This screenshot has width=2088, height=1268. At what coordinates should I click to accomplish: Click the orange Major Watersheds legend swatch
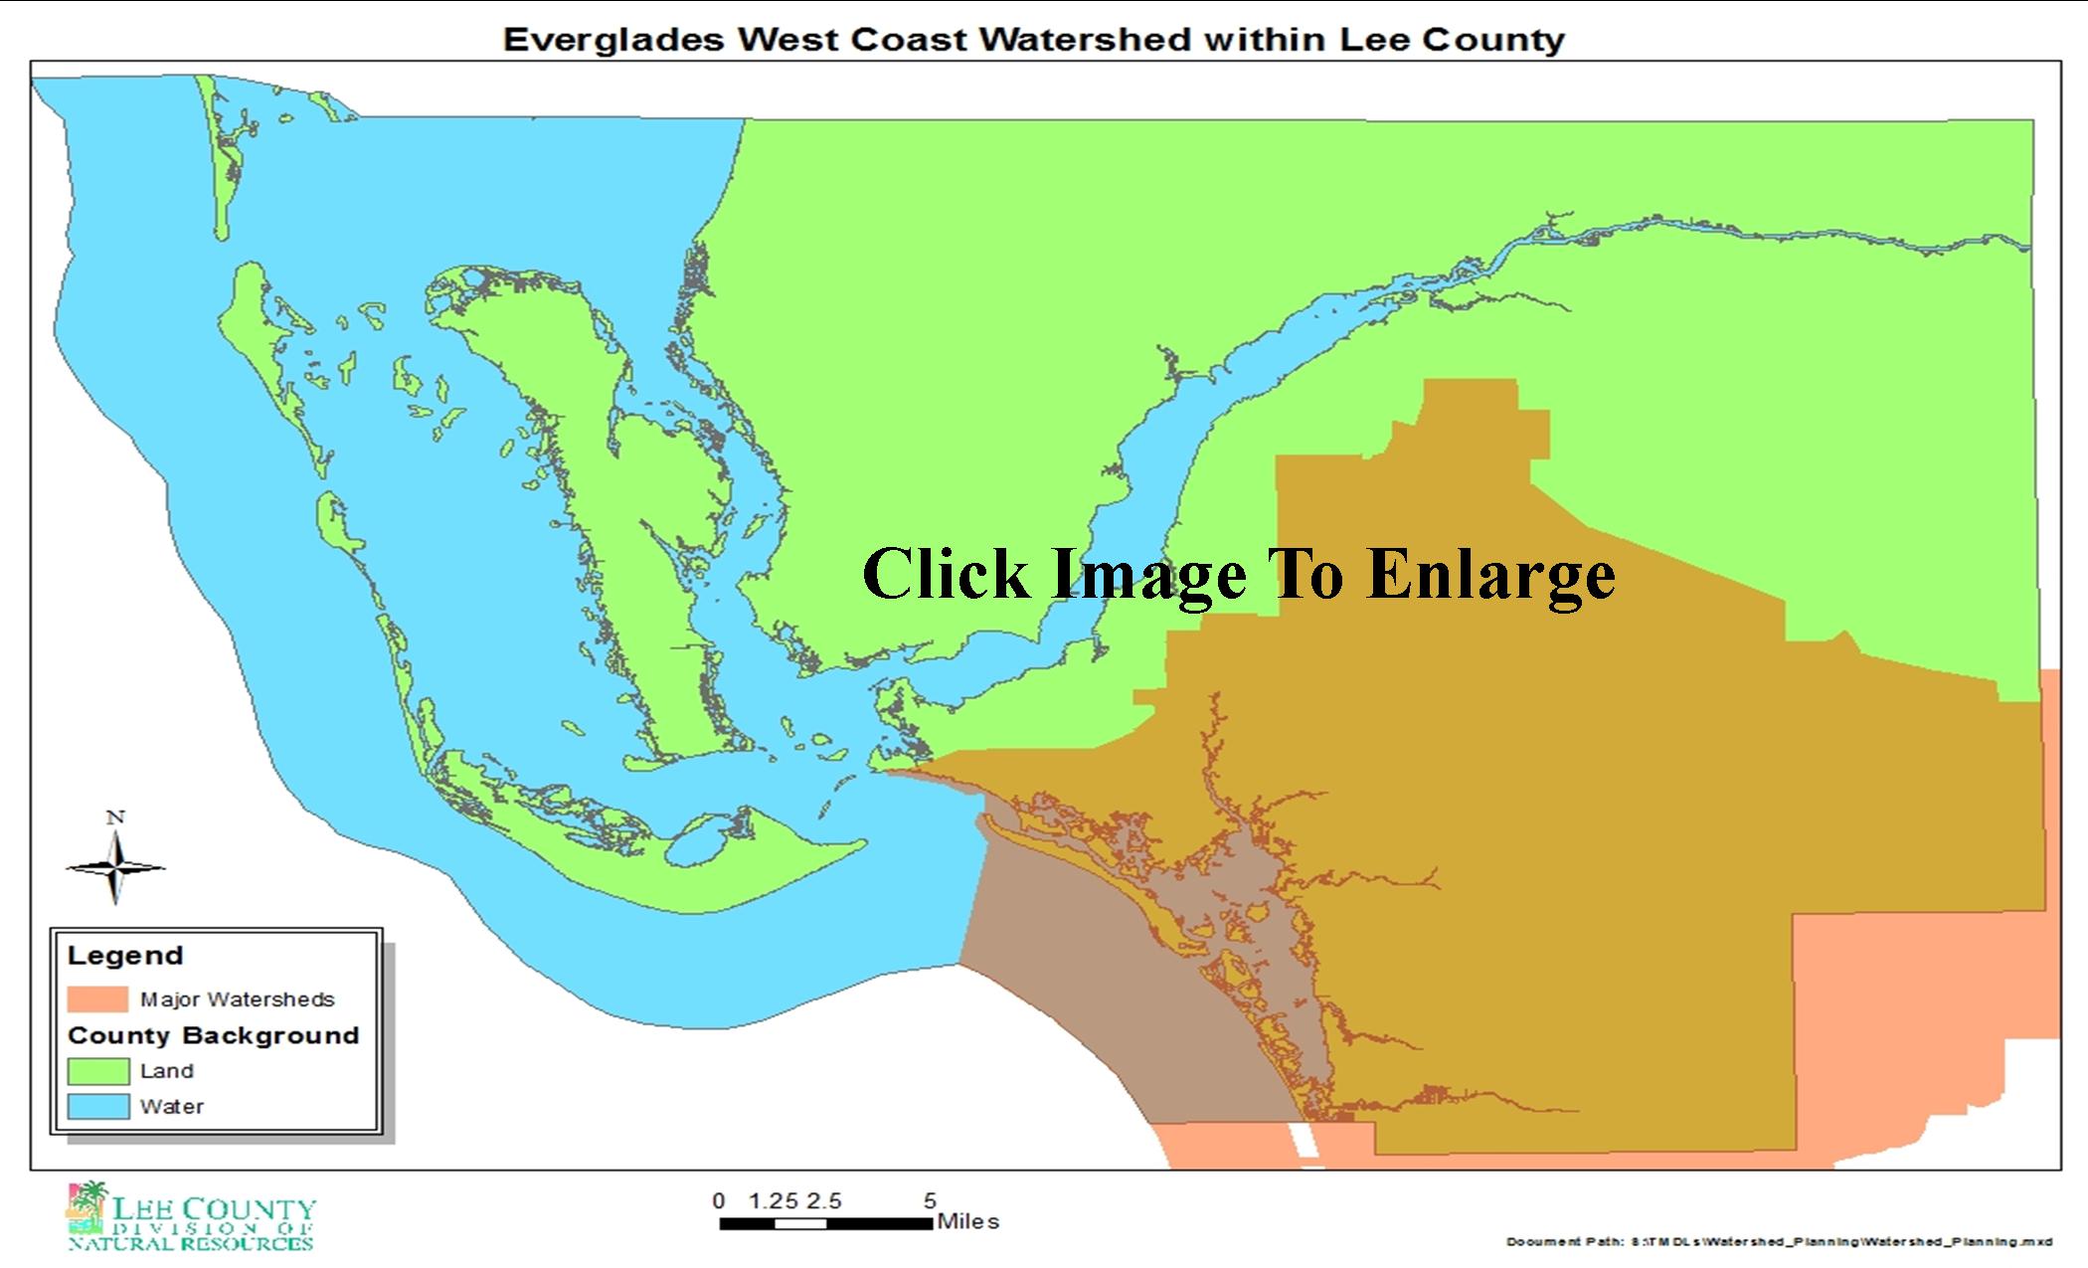pyautogui.click(x=97, y=998)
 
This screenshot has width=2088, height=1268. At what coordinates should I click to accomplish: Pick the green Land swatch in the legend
pyautogui.click(x=97, y=1071)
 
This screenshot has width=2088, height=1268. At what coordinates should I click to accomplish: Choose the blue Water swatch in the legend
pyautogui.click(x=97, y=1106)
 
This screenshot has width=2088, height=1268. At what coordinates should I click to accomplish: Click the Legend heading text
pyautogui.click(x=125, y=956)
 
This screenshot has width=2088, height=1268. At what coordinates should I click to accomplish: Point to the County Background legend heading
pyautogui.click(x=213, y=1035)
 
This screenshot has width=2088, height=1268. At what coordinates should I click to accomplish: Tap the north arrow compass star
pyautogui.click(x=115, y=868)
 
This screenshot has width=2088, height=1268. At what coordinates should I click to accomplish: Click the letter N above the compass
pyautogui.click(x=115, y=817)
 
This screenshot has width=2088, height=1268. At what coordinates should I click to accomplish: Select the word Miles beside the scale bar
pyautogui.click(x=967, y=1221)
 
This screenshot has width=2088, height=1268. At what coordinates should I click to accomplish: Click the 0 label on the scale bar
pyautogui.click(x=719, y=1201)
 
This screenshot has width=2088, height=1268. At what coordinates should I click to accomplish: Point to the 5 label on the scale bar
pyautogui.click(x=930, y=1201)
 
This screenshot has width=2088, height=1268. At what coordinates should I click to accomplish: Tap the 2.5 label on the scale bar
pyautogui.click(x=823, y=1201)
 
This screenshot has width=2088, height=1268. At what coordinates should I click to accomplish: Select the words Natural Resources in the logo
pyautogui.click(x=191, y=1243)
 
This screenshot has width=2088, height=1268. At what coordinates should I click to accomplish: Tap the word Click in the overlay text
pyautogui.click(x=945, y=575)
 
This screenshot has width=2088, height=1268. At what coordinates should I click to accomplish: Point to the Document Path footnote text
pyautogui.click(x=1779, y=1242)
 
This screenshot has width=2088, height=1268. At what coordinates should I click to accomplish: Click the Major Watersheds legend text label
pyautogui.click(x=237, y=999)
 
